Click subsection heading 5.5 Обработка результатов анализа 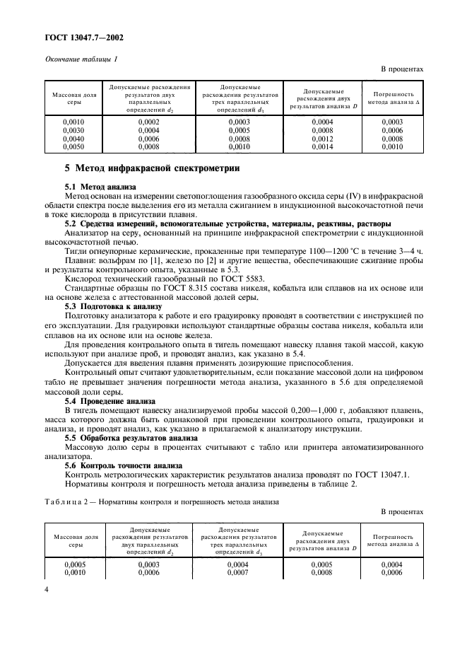pos(131,439)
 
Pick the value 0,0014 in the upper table pos(323,148)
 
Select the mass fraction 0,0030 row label pos(74,131)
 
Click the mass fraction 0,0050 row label pos(74,148)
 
